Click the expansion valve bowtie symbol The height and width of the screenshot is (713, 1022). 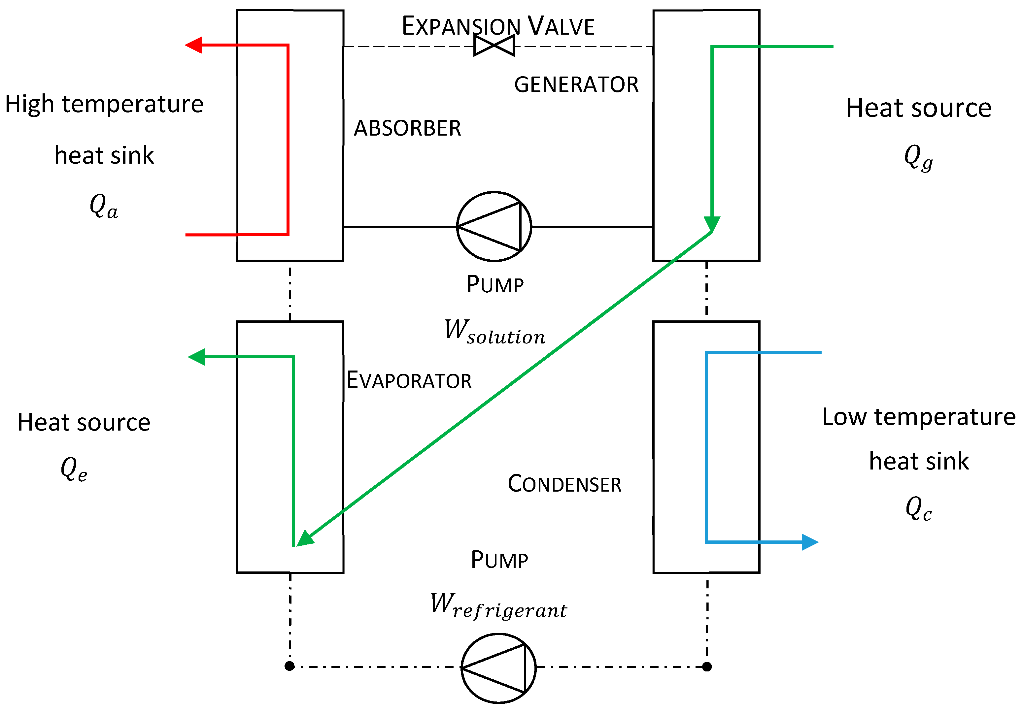click(x=494, y=46)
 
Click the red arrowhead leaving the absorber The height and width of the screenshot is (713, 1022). click(x=194, y=45)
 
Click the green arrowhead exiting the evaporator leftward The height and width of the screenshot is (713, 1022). click(x=196, y=357)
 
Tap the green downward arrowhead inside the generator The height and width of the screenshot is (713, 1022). click(x=712, y=224)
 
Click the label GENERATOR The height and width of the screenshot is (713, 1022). click(x=576, y=84)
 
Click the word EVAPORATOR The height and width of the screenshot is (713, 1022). click(x=409, y=380)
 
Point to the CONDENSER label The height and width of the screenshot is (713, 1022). click(x=564, y=484)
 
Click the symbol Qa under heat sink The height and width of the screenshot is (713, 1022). click(x=103, y=207)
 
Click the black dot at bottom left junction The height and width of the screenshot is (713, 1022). click(x=289, y=666)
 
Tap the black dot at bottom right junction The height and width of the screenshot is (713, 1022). click(x=707, y=666)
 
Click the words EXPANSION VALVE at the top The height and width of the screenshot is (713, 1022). click(x=498, y=26)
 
